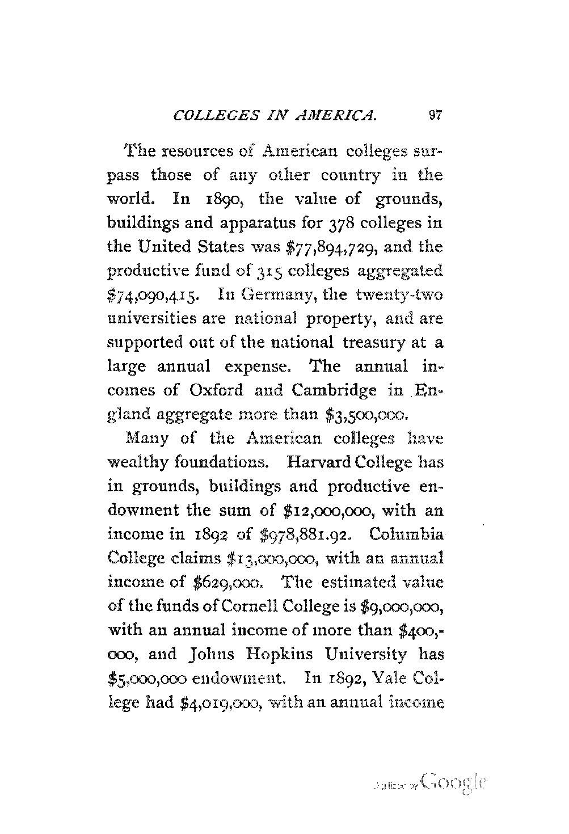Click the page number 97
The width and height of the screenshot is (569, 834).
[435, 116]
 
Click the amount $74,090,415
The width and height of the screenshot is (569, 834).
[151, 296]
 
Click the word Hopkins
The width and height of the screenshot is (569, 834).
[265, 654]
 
